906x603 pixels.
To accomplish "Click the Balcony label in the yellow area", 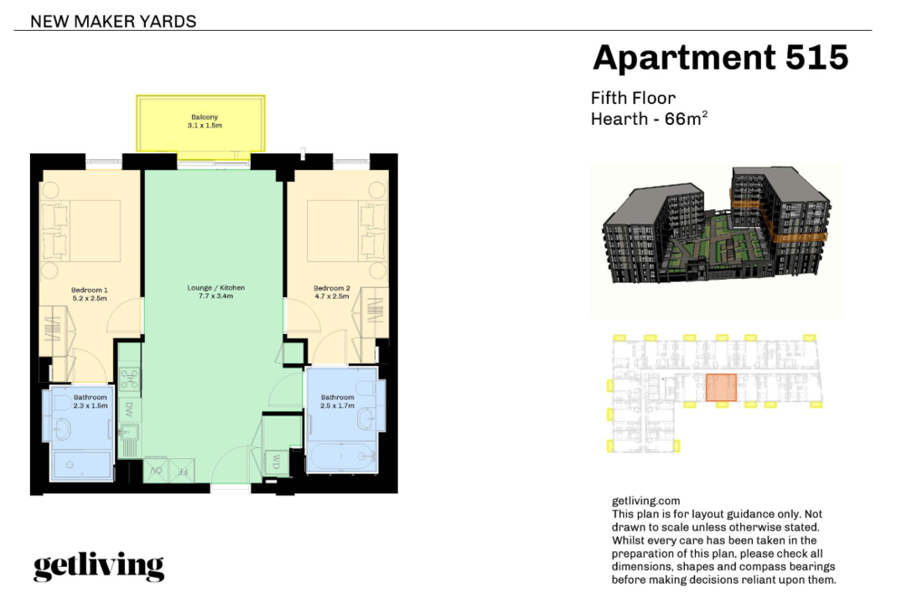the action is pyautogui.click(x=205, y=120).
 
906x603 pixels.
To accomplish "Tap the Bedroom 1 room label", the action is pyautogui.click(x=90, y=294).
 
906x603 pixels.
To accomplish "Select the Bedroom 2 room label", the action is pyautogui.click(x=332, y=292).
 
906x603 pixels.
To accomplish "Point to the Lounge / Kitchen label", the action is pyautogui.click(x=217, y=292).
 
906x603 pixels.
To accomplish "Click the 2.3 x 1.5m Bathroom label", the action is pyautogui.click(x=90, y=401).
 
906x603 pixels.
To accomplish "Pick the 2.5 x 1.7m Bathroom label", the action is pyautogui.click(x=337, y=401).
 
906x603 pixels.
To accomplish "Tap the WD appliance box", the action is pyautogui.click(x=275, y=462).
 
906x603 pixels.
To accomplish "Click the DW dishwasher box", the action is pyautogui.click(x=130, y=409).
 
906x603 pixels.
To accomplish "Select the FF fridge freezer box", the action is pyautogui.click(x=181, y=471).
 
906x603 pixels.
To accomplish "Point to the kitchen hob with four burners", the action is pyautogui.click(x=130, y=378).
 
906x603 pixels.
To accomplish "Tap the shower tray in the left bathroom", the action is pyautogui.click(x=82, y=465).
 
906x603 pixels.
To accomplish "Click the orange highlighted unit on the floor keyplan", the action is pyautogui.click(x=721, y=388).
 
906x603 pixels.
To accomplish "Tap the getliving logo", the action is pyautogui.click(x=99, y=567).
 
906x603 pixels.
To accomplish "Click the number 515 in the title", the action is pyautogui.click(x=817, y=57).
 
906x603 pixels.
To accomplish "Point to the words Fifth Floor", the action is pyautogui.click(x=633, y=98).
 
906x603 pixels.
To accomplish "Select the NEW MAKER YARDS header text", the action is pyautogui.click(x=113, y=22).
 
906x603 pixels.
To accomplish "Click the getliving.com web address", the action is pyautogui.click(x=646, y=501).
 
